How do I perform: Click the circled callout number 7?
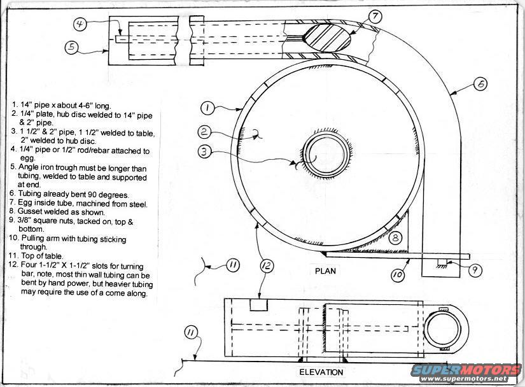[375, 16]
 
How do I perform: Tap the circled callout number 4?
[80, 25]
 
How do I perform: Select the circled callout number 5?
[72, 47]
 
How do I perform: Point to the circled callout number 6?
[480, 84]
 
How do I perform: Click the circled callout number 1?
[207, 108]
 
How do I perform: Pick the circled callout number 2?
[204, 132]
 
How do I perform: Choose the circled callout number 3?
[204, 152]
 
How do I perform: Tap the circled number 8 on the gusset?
[395, 237]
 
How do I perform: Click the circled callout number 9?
[475, 270]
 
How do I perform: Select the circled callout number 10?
[398, 275]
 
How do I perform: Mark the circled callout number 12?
[267, 266]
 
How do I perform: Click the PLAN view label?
[325, 271]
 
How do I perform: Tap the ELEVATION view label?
[321, 372]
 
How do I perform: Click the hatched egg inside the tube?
[327, 37]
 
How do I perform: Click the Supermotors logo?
[466, 373]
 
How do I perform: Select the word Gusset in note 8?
[29, 211]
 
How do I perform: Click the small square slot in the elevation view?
[259, 305]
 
